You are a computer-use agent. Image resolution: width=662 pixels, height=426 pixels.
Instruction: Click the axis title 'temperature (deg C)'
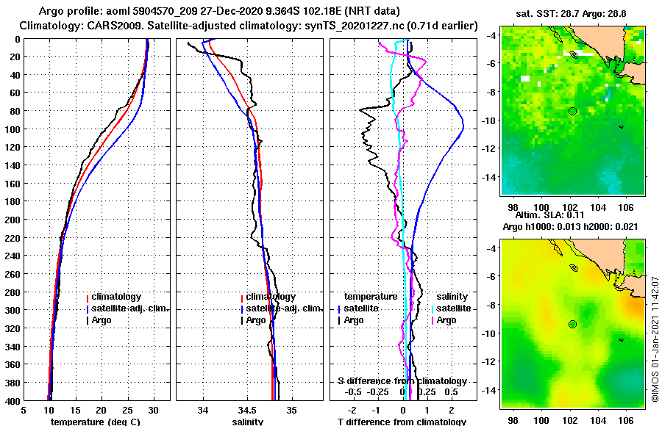coord(95,422)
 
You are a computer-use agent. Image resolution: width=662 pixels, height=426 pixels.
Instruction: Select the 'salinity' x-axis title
coord(247,422)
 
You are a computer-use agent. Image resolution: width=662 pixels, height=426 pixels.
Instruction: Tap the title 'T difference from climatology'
coord(401,422)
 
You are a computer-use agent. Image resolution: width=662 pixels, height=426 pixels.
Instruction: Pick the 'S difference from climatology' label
coord(402,381)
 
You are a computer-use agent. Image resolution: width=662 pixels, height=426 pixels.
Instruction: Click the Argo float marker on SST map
coord(572,111)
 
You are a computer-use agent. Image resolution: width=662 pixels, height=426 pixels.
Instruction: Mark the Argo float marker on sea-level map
coord(572,324)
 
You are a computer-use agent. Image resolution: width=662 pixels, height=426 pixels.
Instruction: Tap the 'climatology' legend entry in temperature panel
coord(116,297)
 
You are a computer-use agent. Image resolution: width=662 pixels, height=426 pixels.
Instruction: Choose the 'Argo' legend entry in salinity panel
coord(256,320)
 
